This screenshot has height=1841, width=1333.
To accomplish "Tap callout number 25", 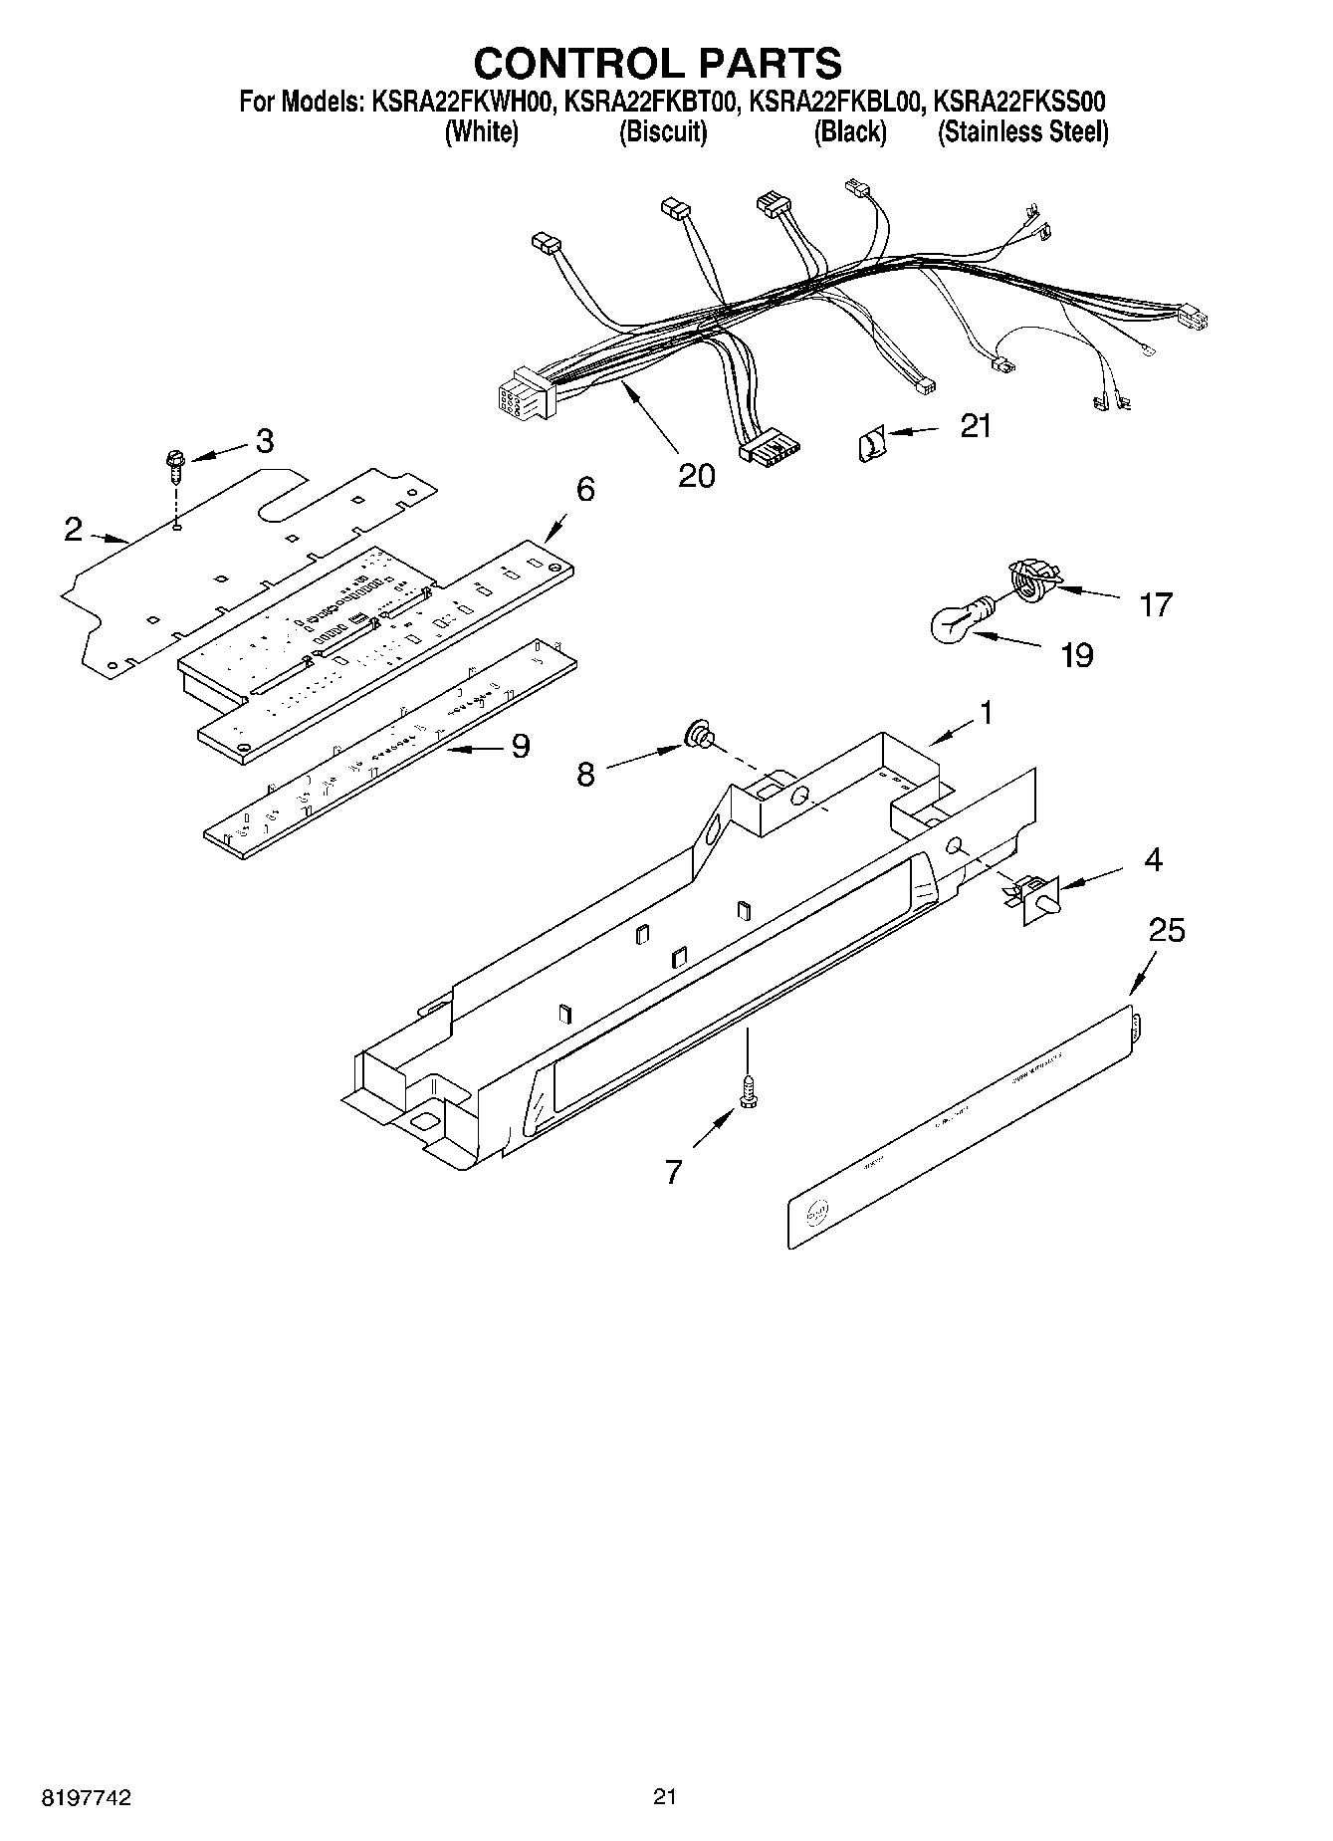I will [1167, 930].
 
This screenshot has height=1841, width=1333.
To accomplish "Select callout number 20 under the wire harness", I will [696, 476].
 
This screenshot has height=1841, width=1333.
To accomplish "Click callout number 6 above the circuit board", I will [585, 489].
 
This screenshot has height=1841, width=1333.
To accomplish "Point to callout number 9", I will [520, 746].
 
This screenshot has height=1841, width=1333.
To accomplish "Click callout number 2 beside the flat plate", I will [74, 530].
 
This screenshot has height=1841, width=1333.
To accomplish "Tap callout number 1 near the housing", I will [986, 713].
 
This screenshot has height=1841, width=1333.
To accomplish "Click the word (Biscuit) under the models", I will [663, 132].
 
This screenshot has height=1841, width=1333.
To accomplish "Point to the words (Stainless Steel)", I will [1022, 132].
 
